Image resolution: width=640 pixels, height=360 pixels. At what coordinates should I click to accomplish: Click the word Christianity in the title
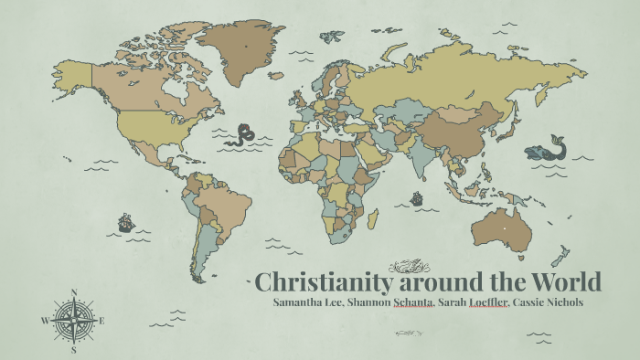[316, 281]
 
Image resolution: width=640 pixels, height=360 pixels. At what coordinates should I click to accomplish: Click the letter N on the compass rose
[73, 293]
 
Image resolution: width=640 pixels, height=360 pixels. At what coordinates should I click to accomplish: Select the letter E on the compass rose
[102, 321]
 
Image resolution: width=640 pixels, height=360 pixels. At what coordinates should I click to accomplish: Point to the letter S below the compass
[73, 350]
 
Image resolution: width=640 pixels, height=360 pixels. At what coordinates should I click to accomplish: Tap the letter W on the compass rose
[44, 321]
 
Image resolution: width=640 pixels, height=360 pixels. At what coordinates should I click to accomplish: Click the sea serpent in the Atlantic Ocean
[243, 136]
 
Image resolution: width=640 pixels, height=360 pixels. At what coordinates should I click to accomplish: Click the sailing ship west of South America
[125, 222]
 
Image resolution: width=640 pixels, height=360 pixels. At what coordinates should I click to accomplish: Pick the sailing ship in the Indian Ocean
[417, 196]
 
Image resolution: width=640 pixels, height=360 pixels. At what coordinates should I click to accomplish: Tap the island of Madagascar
[373, 219]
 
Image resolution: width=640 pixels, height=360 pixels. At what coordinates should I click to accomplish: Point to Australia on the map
[502, 229]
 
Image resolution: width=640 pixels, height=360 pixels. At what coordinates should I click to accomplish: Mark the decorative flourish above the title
[409, 266]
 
